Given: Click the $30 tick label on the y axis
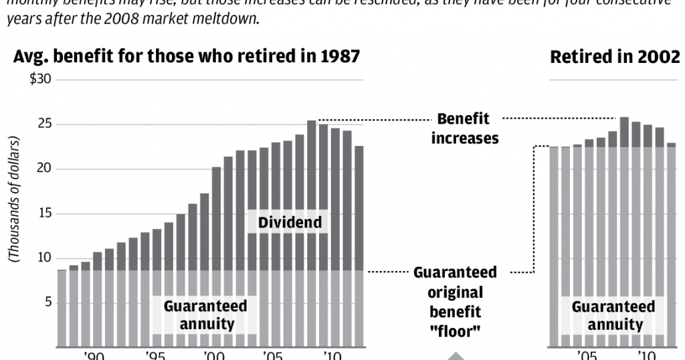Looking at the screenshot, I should tap(41, 80).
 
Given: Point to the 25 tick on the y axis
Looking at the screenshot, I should tap(44, 124).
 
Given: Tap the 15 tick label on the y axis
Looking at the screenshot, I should tap(44, 214).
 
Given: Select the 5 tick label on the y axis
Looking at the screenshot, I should tap(47, 303).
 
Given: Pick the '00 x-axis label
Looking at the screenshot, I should tap(213, 355).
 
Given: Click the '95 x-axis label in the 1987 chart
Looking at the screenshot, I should tap(155, 355).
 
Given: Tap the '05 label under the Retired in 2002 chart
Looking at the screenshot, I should tap(587, 355).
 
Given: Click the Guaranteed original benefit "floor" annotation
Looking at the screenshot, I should tap(455, 302).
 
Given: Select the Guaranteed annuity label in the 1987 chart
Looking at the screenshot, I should tap(205, 315).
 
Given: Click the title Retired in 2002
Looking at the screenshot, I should tap(615, 58).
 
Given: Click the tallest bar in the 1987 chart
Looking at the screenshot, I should tap(312, 234).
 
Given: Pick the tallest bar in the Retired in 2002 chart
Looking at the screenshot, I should tap(624, 234).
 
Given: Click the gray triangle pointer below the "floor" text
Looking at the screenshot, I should tap(455, 355).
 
